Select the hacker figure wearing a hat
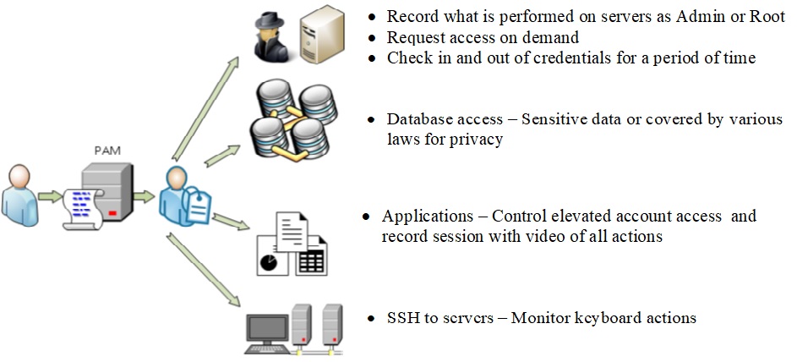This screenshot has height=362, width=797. click(275, 36)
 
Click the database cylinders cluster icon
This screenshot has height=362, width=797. click(288, 123)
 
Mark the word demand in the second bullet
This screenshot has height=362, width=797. click(553, 37)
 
